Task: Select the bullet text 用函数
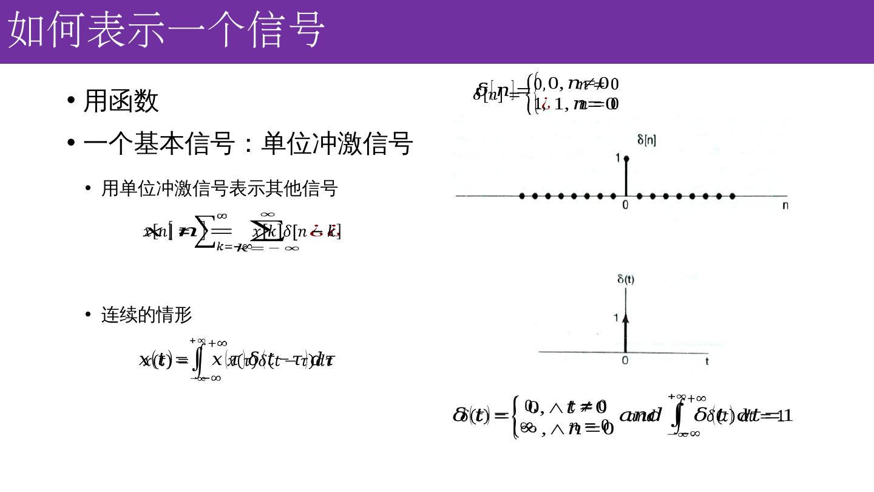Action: tap(121, 100)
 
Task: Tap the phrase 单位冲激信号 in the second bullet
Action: tap(337, 143)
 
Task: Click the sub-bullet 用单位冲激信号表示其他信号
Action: tap(219, 188)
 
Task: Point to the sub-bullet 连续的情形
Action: tap(146, 315)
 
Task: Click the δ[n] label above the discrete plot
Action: tap(646, 140)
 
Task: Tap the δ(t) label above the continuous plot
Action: tap(626, 279)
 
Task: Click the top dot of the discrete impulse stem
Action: tap(626, 159)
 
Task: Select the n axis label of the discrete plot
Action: tap(785, 205)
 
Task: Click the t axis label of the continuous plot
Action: tap(707, 361)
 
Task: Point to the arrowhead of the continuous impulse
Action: tap(626, 317)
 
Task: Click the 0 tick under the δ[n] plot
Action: tap(625, 205)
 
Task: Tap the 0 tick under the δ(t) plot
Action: tap(625, 361)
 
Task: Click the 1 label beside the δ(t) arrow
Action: tap(616, 318)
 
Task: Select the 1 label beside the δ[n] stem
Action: tap(618, 159)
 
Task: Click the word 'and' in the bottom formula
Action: tap(640, 415)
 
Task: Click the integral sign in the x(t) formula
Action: tap(197, 360)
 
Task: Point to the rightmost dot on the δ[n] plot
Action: tap(733, 196)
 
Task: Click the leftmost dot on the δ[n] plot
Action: tap(522, 196)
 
